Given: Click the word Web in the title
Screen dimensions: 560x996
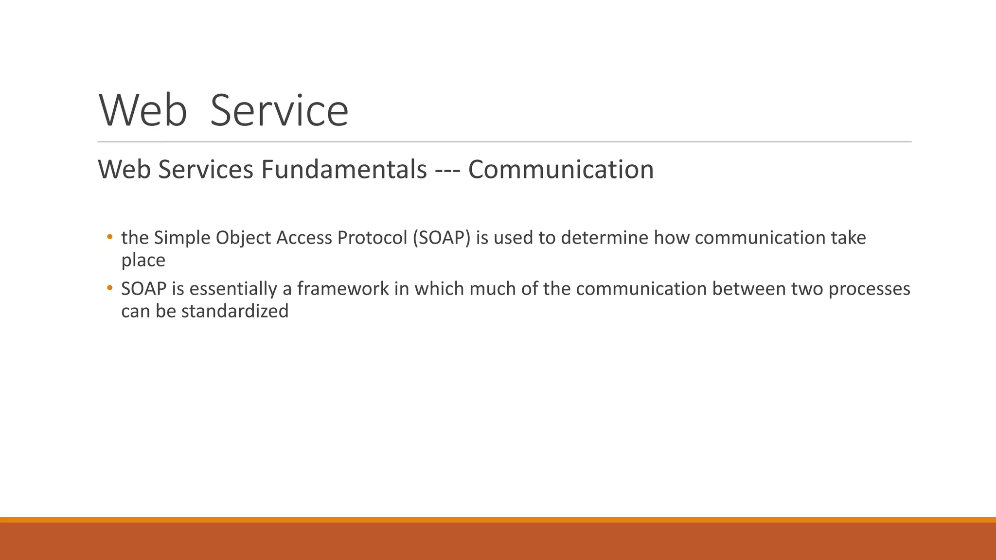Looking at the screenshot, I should (143, 111).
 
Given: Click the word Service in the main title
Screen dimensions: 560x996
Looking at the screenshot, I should (279, 111).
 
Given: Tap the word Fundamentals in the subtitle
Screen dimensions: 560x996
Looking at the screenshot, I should (344, 170).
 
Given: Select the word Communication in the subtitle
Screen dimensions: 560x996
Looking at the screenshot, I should (561, 170).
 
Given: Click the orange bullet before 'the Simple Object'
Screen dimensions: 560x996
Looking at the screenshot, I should (110, 237).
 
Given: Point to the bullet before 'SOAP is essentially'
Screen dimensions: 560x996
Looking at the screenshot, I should (110, 288).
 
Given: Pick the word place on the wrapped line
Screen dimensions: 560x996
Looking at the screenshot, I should (143, 261).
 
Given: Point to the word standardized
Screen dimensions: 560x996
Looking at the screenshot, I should (235, 311).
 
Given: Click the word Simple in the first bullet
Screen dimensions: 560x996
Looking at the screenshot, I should (182, 238).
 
